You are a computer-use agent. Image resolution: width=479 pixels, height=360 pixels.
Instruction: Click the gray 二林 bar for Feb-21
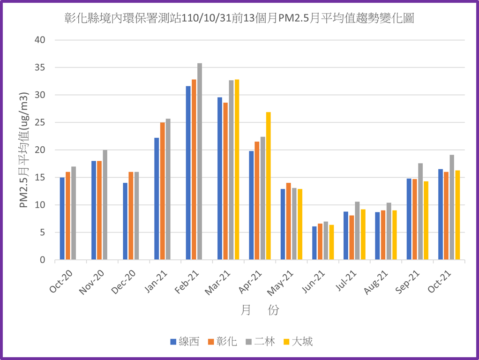200,161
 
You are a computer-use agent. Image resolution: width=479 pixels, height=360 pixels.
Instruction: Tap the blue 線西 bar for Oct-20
62,218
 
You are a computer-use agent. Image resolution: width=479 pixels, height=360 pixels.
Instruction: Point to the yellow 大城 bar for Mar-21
237,169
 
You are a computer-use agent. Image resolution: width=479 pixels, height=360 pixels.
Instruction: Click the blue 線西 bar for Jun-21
314,243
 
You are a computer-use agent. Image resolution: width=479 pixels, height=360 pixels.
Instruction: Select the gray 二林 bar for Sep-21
420,211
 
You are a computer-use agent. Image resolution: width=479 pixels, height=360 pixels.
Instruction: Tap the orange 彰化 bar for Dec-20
131,216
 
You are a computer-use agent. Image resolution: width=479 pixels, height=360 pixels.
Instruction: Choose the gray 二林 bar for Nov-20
105,205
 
